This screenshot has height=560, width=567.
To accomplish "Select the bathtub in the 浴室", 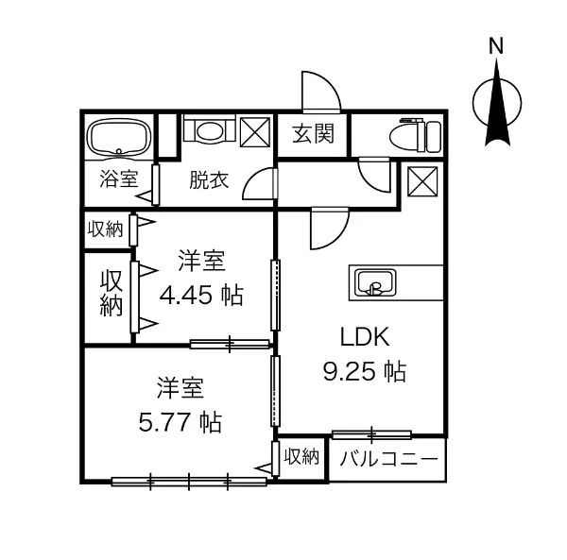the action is click(x=117, y=138).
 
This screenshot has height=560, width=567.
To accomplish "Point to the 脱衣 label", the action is click(x=208, y=179).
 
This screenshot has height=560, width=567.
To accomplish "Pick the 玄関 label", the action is click(x=312, y=134).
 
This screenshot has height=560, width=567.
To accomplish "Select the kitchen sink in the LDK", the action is click(x=375, y=283).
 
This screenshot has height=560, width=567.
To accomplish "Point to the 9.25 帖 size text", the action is click(x=365, y=371).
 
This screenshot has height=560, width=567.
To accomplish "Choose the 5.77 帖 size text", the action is click(x=180, y=421).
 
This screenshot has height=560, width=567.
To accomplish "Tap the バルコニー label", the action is click(x=387, y=460).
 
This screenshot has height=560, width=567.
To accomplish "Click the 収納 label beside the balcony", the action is click(x=301, y=458).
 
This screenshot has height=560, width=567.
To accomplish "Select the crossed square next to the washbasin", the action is click(x=254, y=131).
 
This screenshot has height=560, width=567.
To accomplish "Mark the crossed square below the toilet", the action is click(x=421, y=180).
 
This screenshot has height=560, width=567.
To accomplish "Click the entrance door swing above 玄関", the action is click(x=319, y=93).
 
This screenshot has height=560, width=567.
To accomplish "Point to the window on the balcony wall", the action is click(x=371, y=434).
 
